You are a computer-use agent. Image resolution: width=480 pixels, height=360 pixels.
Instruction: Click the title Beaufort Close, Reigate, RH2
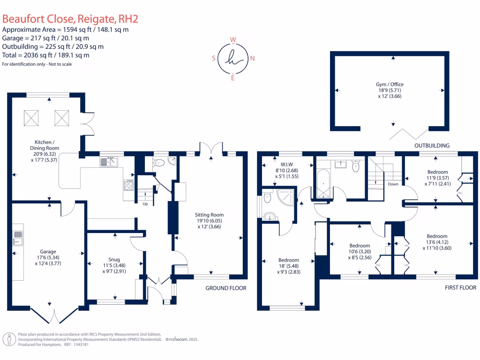[70, 19]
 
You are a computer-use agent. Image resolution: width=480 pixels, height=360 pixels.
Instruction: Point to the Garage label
[48, 256]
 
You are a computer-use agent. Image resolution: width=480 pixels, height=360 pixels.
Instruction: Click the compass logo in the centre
[233, 59]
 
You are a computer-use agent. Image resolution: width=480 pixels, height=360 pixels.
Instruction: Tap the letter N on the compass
[253, 59]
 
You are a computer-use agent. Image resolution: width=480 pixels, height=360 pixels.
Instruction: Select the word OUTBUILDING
[432, 146]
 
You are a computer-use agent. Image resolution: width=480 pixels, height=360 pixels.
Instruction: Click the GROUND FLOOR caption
[226, 288]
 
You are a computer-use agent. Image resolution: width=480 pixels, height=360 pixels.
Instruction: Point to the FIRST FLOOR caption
[460, 288]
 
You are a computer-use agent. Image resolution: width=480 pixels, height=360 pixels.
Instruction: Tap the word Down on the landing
[393, 184]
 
